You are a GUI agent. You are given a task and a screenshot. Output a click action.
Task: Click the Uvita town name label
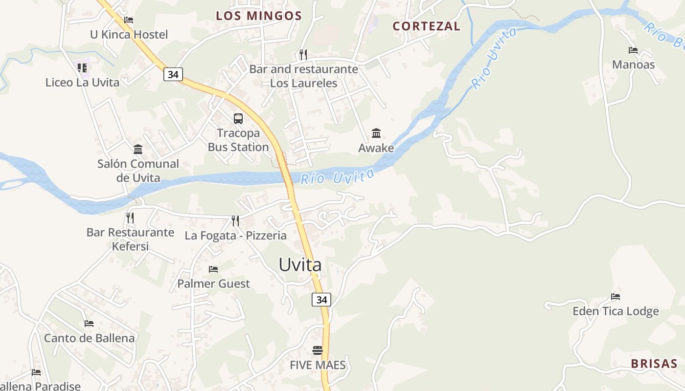(x=300, y=264)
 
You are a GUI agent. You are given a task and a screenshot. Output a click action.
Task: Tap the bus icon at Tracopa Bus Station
(x=238, y=118)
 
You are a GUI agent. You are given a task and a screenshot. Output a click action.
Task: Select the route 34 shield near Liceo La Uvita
(x=173, y=74)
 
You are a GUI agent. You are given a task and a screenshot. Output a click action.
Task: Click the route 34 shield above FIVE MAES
(x=321, y=300)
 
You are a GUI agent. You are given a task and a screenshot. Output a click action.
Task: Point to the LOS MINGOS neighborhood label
(x=259, y=16)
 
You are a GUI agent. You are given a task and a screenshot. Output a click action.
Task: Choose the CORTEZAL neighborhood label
(x=427, y=26)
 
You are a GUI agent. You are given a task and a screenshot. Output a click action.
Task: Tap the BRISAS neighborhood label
(x=654, y=364)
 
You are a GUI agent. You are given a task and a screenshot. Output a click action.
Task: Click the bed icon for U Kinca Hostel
(x=129, y=20)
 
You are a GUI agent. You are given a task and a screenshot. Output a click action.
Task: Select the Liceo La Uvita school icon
(x=82, y=68)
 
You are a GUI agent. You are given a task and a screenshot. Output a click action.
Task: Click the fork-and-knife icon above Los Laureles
(x=303, y=54)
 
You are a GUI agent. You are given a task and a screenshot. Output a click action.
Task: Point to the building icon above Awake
(x=376, y=133)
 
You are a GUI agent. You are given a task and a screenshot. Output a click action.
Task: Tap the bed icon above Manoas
(x=633, y=50)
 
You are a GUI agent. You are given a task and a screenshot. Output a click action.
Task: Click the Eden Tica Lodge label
(x=616, y=311)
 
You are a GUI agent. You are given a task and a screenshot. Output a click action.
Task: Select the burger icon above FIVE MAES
(x=318, y=350)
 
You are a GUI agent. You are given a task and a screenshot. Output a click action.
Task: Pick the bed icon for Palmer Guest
(x=213, y=269)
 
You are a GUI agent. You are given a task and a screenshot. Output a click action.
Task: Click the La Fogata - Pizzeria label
(x=235, y=236)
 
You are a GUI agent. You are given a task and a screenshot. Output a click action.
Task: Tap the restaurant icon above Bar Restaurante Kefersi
(x=130, y=217)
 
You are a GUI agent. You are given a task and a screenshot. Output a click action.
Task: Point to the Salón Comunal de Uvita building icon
(x=138, y=149)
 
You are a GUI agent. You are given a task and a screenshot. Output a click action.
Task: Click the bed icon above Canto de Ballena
(x=89, y=324)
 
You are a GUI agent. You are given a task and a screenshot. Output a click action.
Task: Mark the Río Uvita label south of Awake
(x=337, y=177)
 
